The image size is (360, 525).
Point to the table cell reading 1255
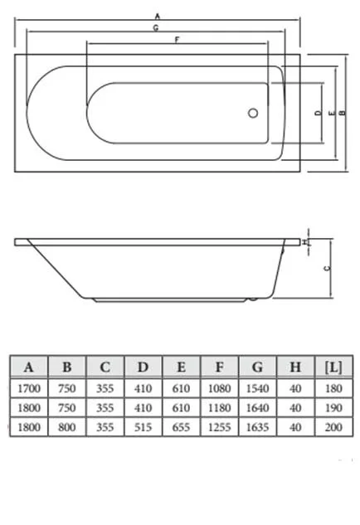219,427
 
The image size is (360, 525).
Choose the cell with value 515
144,427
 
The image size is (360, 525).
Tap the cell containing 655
181,427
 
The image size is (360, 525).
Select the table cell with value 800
67,427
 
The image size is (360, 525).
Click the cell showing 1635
257,427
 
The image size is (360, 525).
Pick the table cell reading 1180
219,407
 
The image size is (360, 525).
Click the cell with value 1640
257,407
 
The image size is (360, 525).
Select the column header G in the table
257,367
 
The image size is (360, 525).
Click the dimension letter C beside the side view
325,268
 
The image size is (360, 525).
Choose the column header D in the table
144,367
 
